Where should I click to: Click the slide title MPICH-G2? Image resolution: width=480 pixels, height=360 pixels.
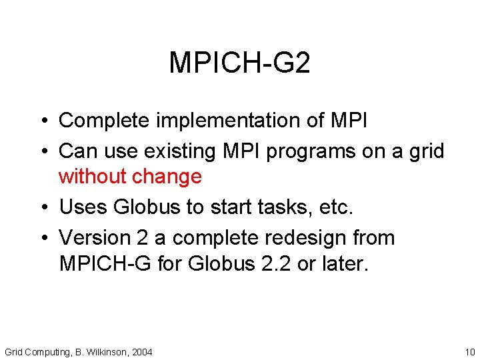pos(239,63)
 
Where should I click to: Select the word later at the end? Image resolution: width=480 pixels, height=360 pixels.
pos(344,263)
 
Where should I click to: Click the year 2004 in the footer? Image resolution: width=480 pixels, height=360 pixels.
pos(142,351)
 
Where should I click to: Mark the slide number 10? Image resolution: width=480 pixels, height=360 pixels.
pos(469,351)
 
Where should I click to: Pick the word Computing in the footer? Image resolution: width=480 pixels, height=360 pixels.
pos(46,351)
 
